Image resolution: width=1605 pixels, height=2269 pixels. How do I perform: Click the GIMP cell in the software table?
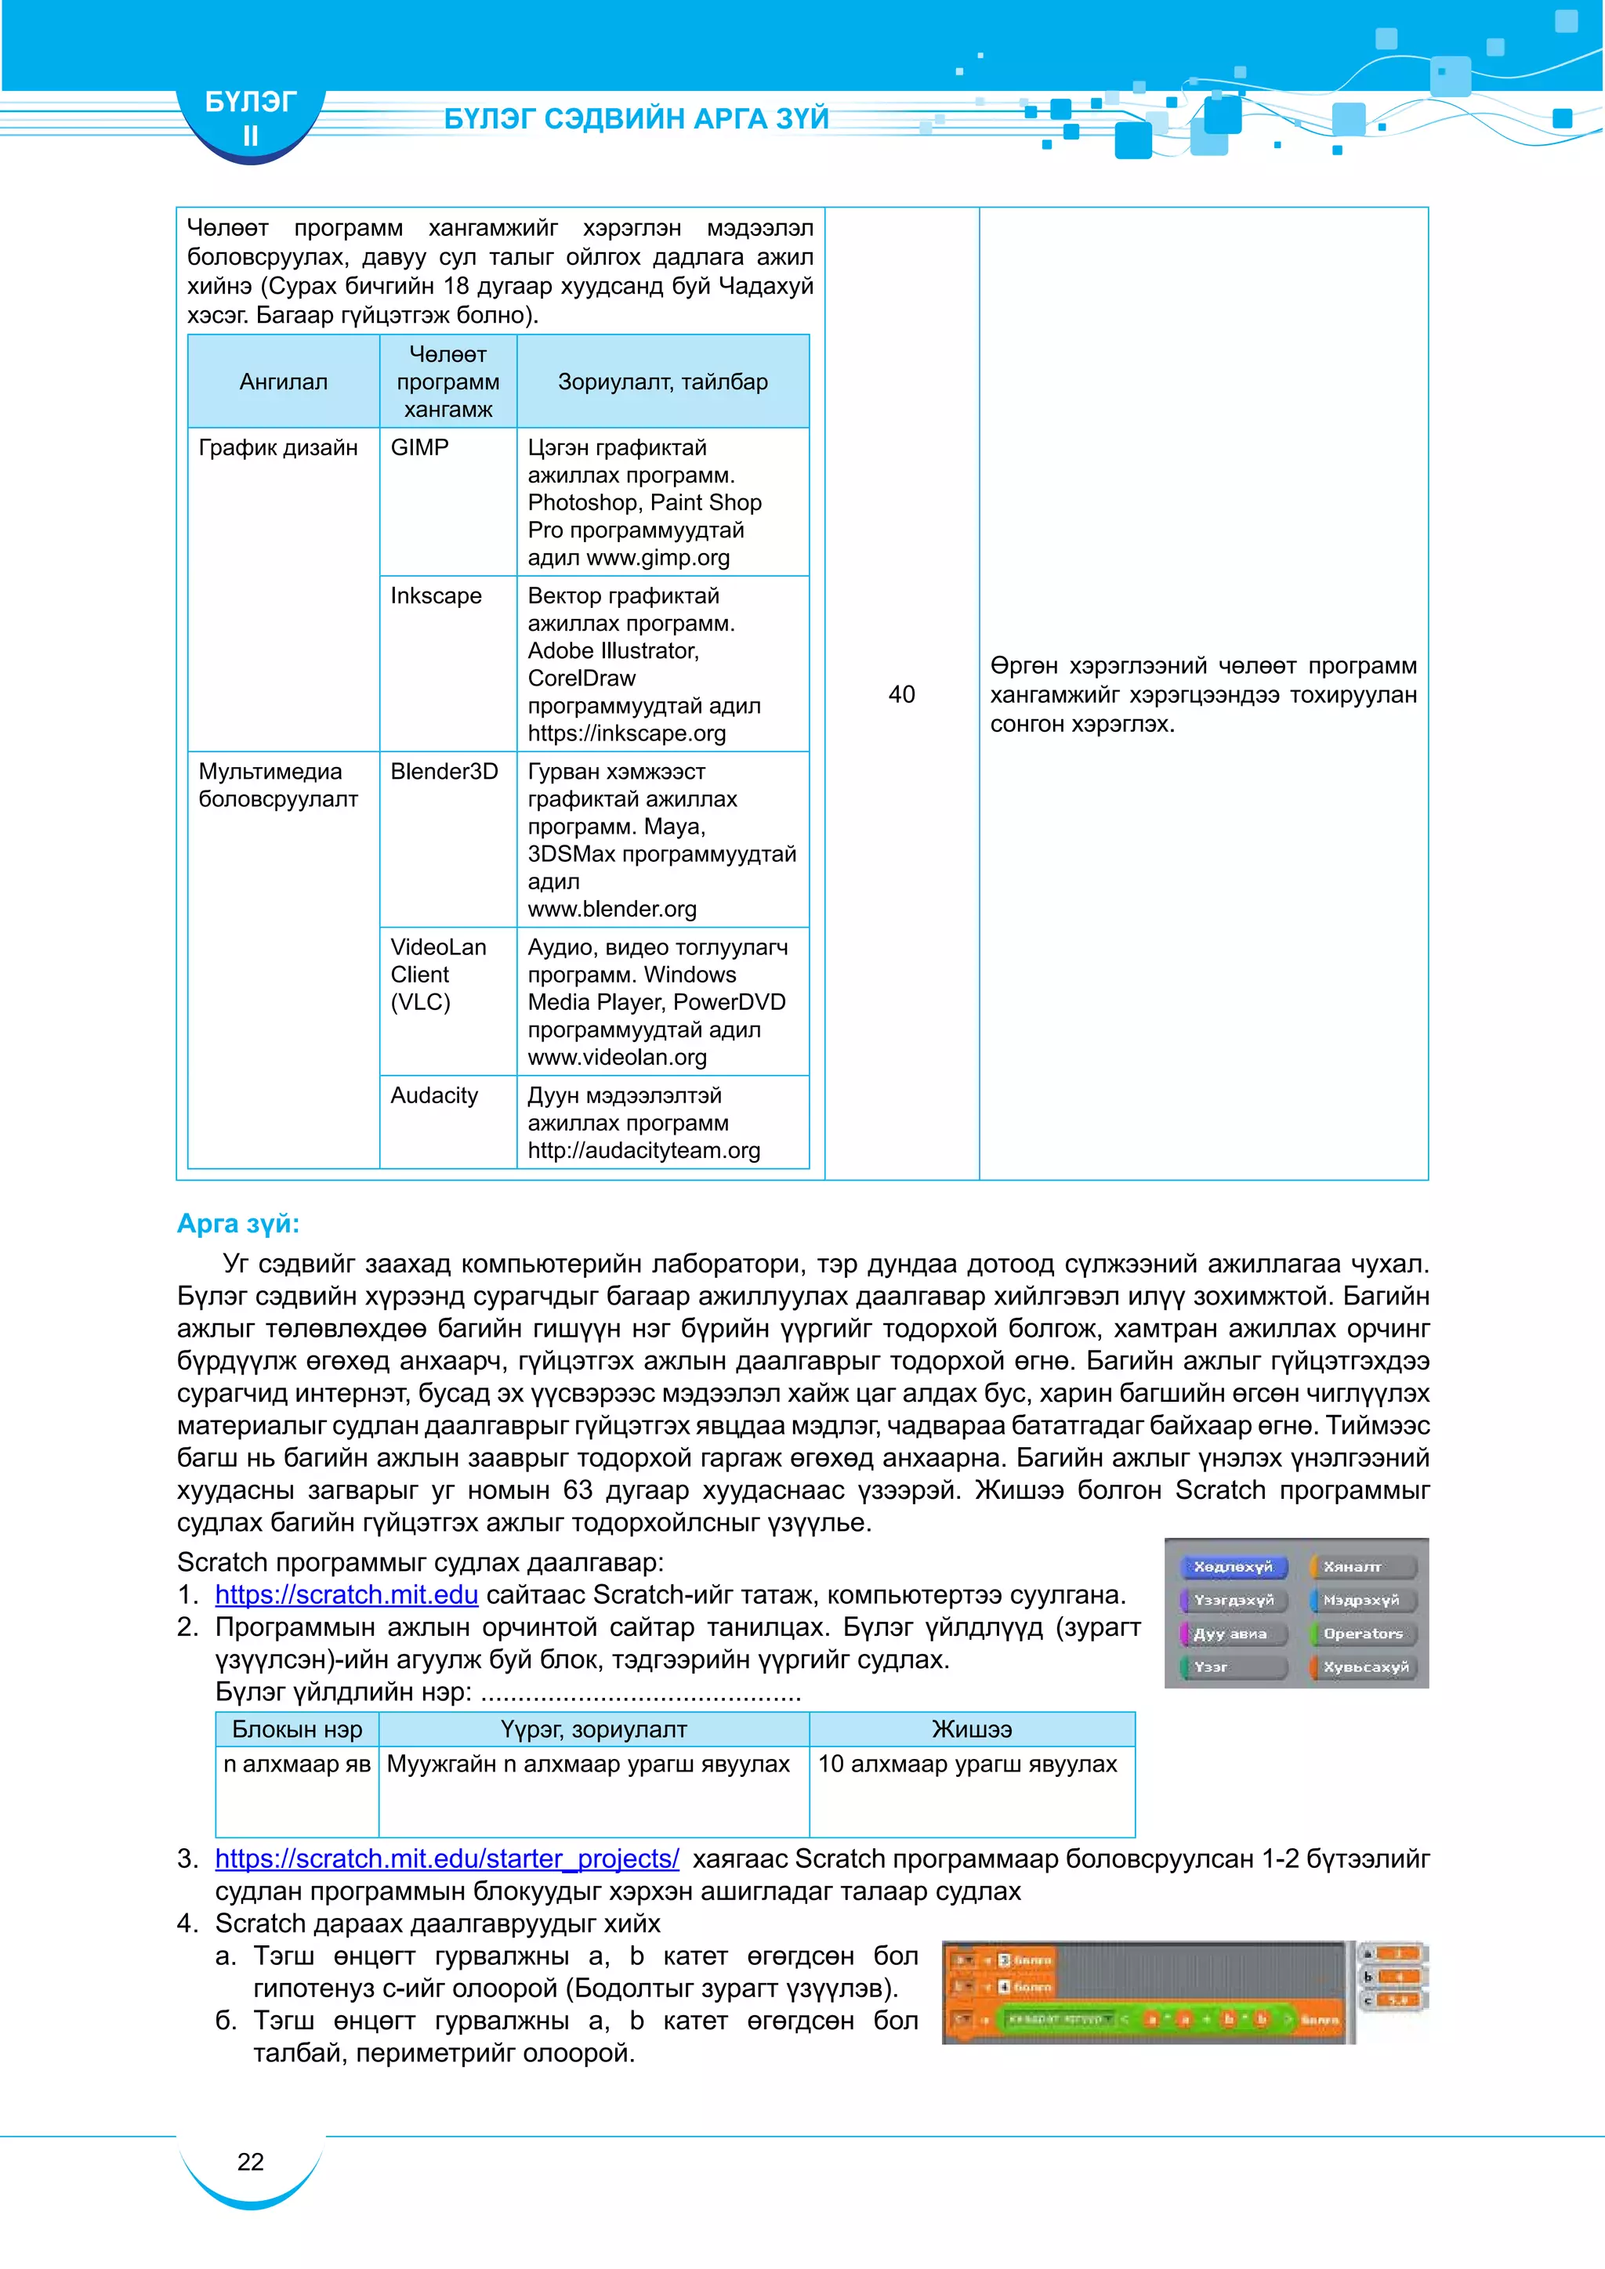click(420, 447)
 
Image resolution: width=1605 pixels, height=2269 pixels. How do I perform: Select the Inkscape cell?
click(436, 596)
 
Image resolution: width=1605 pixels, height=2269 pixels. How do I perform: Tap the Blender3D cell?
click(444, 772)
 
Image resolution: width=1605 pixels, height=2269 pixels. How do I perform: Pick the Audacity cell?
click(434, 1095)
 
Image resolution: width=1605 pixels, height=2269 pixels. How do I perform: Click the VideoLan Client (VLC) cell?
click(438, 975)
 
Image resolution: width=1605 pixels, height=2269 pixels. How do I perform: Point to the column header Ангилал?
click(284, 382)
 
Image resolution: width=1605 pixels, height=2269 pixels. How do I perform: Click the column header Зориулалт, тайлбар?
click(662, 382)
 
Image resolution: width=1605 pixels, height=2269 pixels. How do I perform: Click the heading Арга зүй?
click(238, 1224)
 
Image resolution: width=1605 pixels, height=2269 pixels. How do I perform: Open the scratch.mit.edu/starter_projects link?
click(447, 1859)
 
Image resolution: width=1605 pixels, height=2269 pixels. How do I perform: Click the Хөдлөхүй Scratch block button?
click(1233, 1567)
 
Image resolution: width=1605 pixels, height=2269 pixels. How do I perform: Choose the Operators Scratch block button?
click(1363, 1634)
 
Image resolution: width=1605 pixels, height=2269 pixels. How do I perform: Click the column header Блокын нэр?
click(296, 1729)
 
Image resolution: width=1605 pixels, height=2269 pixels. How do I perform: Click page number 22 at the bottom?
click(250, 2162)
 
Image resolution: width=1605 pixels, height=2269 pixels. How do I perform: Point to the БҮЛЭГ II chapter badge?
click(250, 118)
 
